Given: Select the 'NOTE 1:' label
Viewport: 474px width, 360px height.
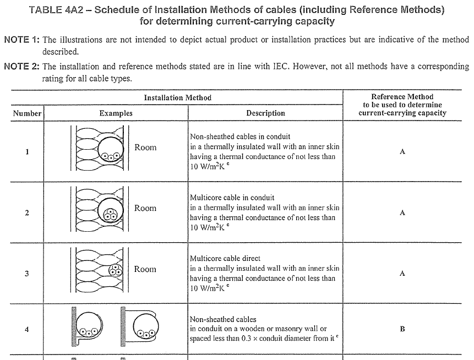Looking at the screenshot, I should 21,40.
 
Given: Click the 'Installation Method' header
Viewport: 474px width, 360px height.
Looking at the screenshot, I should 177,97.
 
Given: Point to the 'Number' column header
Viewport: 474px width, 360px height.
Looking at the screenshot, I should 27,113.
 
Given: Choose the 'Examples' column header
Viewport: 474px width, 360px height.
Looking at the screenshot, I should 116,113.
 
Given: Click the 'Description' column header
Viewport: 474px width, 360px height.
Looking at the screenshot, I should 265,113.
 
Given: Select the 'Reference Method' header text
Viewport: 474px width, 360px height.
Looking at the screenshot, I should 402,97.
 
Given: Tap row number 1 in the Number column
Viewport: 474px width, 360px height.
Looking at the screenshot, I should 27,152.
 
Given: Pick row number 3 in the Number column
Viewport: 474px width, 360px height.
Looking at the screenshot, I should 27,274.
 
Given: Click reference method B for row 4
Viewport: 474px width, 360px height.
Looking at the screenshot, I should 402,329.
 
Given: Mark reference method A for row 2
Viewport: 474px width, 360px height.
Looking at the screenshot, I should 402,212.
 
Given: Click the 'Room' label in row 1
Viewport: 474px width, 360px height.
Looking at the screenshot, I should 145,148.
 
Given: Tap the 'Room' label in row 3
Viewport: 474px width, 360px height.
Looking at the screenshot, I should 145,269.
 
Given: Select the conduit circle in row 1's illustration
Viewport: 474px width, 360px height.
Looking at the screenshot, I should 111,149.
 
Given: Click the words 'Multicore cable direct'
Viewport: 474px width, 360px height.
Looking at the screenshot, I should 225,258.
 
